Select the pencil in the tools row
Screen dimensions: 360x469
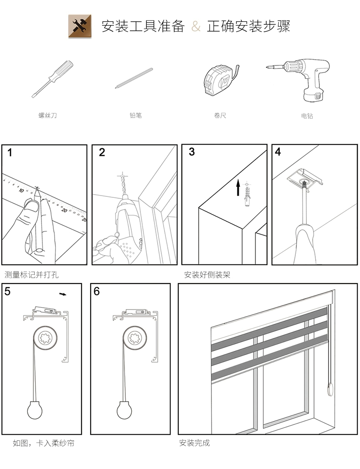(x=134, y=77)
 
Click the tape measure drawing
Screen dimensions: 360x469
(x=220, y=80)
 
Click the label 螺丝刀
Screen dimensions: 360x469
(x=47, y=116)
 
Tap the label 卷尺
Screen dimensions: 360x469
(x=220, y=116)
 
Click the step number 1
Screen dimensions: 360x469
(x=10, y=153)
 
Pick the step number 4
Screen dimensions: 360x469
(x=278, y=152)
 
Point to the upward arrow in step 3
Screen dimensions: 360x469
(x=238, y=188)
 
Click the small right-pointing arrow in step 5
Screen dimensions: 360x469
(x=63, y=294)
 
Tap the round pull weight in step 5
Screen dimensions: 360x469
(x=35, y=411)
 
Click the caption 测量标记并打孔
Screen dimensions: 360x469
(x=32, y=275)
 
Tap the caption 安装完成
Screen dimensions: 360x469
(x=195, y=443)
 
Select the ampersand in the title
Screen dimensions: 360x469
(x=196, y=26)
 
